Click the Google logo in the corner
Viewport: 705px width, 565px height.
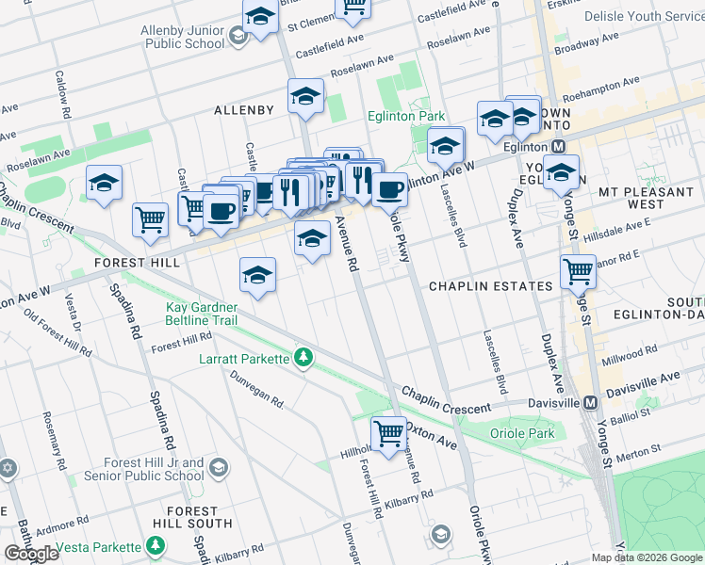click(31, 553)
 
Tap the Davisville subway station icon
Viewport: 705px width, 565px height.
click(591, 402)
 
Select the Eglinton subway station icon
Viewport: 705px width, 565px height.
click(558, 146)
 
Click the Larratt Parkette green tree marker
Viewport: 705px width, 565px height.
click(303, 358)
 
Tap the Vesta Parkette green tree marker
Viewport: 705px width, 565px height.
click(156, 546)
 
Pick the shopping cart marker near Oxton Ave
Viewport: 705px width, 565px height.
click(388, 434)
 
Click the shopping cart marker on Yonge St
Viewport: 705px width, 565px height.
click(578, 272)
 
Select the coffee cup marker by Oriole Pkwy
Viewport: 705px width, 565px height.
click(388, 189)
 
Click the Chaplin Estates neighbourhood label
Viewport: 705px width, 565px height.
click(490, 285)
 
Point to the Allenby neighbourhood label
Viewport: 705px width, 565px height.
click(243, 110)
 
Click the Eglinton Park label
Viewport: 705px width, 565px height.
click(406, 116)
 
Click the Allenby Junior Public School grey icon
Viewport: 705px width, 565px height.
click(238, 36)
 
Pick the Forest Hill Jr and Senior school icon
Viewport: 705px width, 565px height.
click(218, 468)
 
